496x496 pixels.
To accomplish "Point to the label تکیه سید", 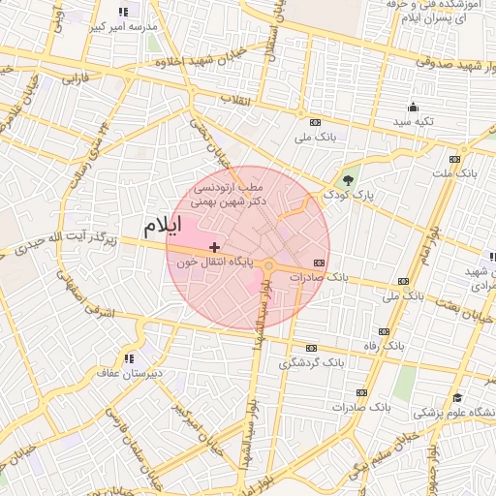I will coord(415,122).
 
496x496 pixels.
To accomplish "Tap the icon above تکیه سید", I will coord(414,107).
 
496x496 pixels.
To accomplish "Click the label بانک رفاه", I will coord(407,345).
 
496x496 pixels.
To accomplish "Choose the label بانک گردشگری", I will coord(311,363).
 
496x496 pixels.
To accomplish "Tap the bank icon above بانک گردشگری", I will coord(311,348).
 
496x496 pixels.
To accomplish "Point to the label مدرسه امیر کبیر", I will coord(122,27).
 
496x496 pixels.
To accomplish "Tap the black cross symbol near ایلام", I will coord(214,249).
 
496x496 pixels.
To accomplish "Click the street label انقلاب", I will coord(235,100).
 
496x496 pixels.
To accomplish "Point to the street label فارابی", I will coord(75,77).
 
